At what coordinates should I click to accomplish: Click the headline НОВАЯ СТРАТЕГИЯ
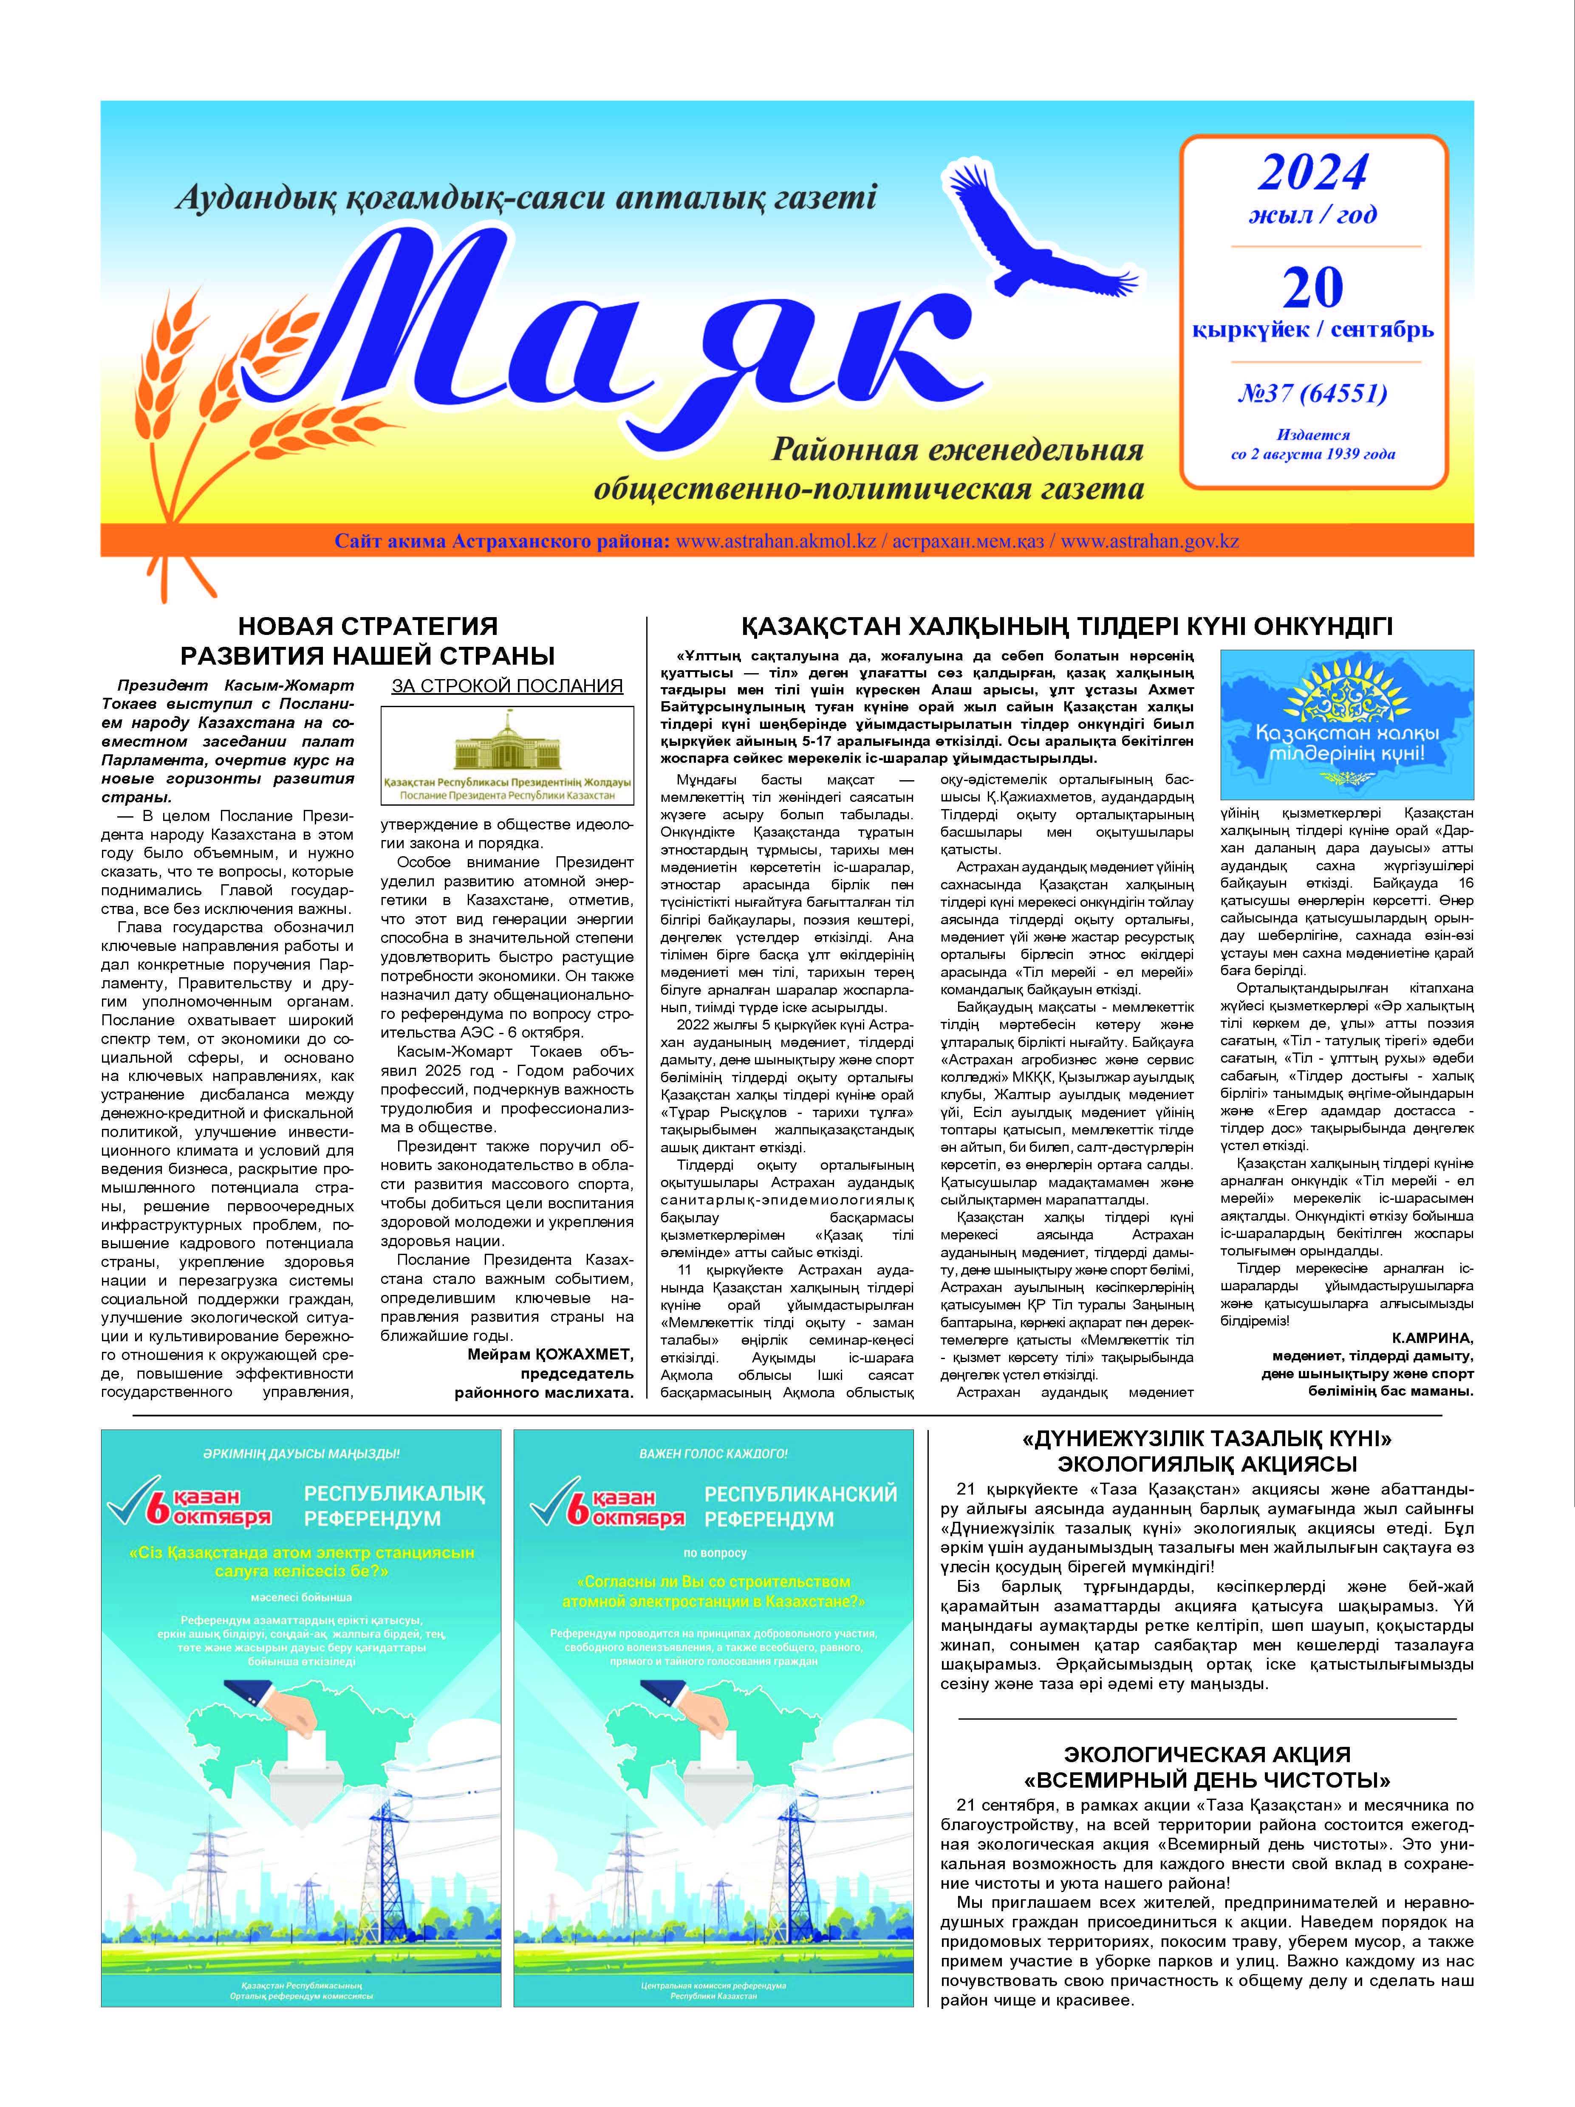[368, 626]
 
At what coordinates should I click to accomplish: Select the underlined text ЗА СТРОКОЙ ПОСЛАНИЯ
[507, 686]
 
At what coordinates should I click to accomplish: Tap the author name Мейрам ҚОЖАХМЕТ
[550, 1354]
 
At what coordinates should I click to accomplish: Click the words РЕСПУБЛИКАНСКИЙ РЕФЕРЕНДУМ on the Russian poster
[800, 1506]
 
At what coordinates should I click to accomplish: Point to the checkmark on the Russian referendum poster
[551, 1499]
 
